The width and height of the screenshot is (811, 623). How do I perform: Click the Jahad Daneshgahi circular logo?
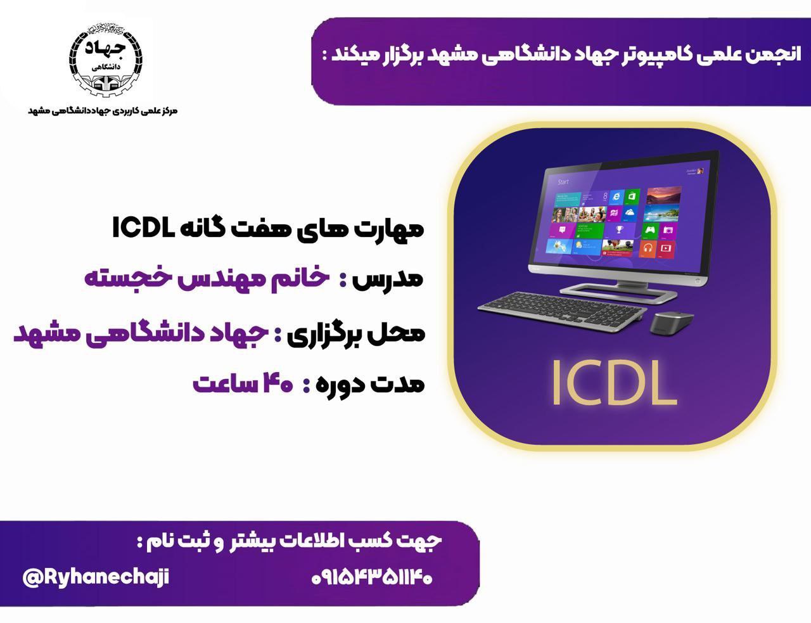point(106,60)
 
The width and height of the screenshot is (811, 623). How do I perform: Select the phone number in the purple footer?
point(372,578)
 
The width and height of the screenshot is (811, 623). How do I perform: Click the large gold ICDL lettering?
point(614,383)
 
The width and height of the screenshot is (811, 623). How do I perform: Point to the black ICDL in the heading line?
point(144,228)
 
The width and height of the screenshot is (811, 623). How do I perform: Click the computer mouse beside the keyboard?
point(672,323)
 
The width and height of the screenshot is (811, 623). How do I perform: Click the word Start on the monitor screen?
point(563,182)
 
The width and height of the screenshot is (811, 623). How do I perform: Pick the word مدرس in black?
point(388,279)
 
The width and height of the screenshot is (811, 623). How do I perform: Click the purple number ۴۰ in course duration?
point(278,384)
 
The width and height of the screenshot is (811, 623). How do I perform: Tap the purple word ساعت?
point(224,384)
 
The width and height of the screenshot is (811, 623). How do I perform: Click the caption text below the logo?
point(103,110)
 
